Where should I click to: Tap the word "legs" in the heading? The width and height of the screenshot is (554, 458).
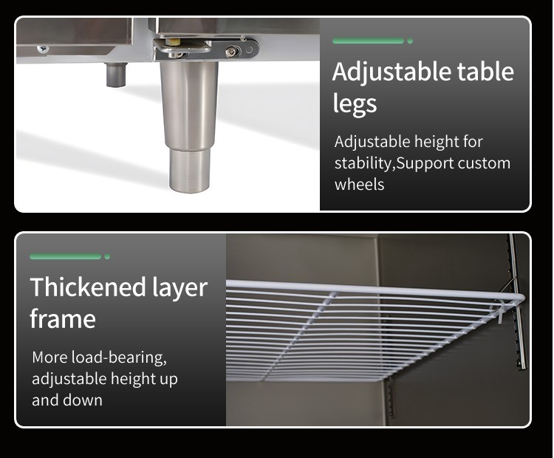(355, 104)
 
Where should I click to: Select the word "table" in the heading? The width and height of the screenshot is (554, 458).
(485, 72)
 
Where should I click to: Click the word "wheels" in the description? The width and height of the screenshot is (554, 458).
(359, 185)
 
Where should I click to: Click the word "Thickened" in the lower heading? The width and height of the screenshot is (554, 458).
(88, 287)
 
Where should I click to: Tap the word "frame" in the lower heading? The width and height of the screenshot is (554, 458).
(63, 319)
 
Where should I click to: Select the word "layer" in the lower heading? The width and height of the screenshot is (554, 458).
(180, 288)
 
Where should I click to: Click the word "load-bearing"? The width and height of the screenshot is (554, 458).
(119, 358)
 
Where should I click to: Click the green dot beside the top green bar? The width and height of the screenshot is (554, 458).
(410, 41)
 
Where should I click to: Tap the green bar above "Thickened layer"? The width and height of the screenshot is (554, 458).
(65, 256)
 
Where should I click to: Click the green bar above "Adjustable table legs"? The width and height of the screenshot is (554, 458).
(368, 41)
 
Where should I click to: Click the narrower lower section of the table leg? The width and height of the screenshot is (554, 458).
(189, 171)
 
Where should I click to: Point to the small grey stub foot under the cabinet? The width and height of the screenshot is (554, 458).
(116, 75)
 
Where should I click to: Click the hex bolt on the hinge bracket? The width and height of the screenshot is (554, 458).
(231, 52)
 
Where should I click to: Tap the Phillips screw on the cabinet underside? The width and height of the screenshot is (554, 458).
(43, 48)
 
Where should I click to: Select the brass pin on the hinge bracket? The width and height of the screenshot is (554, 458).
(173, 43)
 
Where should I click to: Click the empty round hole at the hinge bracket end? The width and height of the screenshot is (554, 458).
(250, 49)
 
